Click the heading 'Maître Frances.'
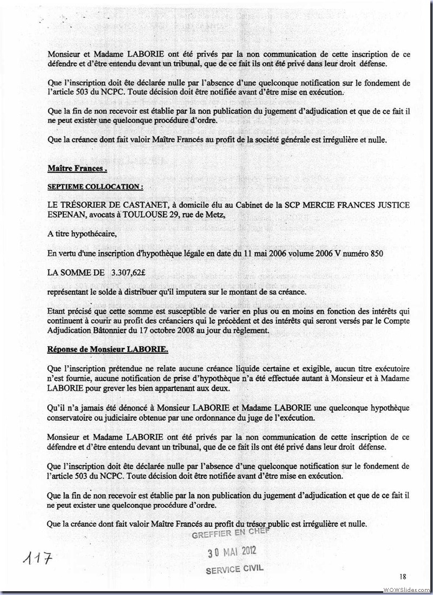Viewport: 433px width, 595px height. (x=77, y=169)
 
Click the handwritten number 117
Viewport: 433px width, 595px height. (x=34, y=558)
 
